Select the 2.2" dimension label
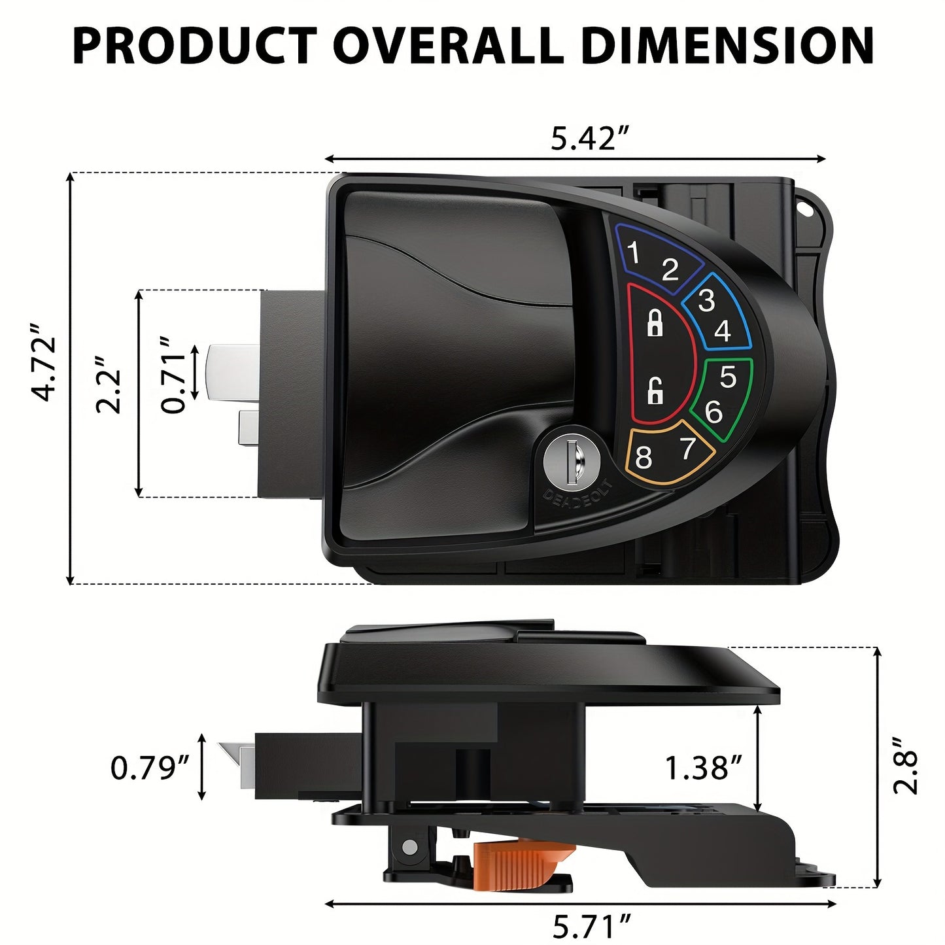(x=108, y=385)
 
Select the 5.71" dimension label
(x=593, y=926)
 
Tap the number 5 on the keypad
(x=728, y=377)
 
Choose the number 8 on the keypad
(x=644, y=458)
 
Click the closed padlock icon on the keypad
(x=654, y=323)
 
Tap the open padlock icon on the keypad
(x=655, y=392)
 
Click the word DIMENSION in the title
(x=727, y=46)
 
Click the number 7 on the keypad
(x=687, y=449)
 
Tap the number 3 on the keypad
(x=706, y=300)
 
